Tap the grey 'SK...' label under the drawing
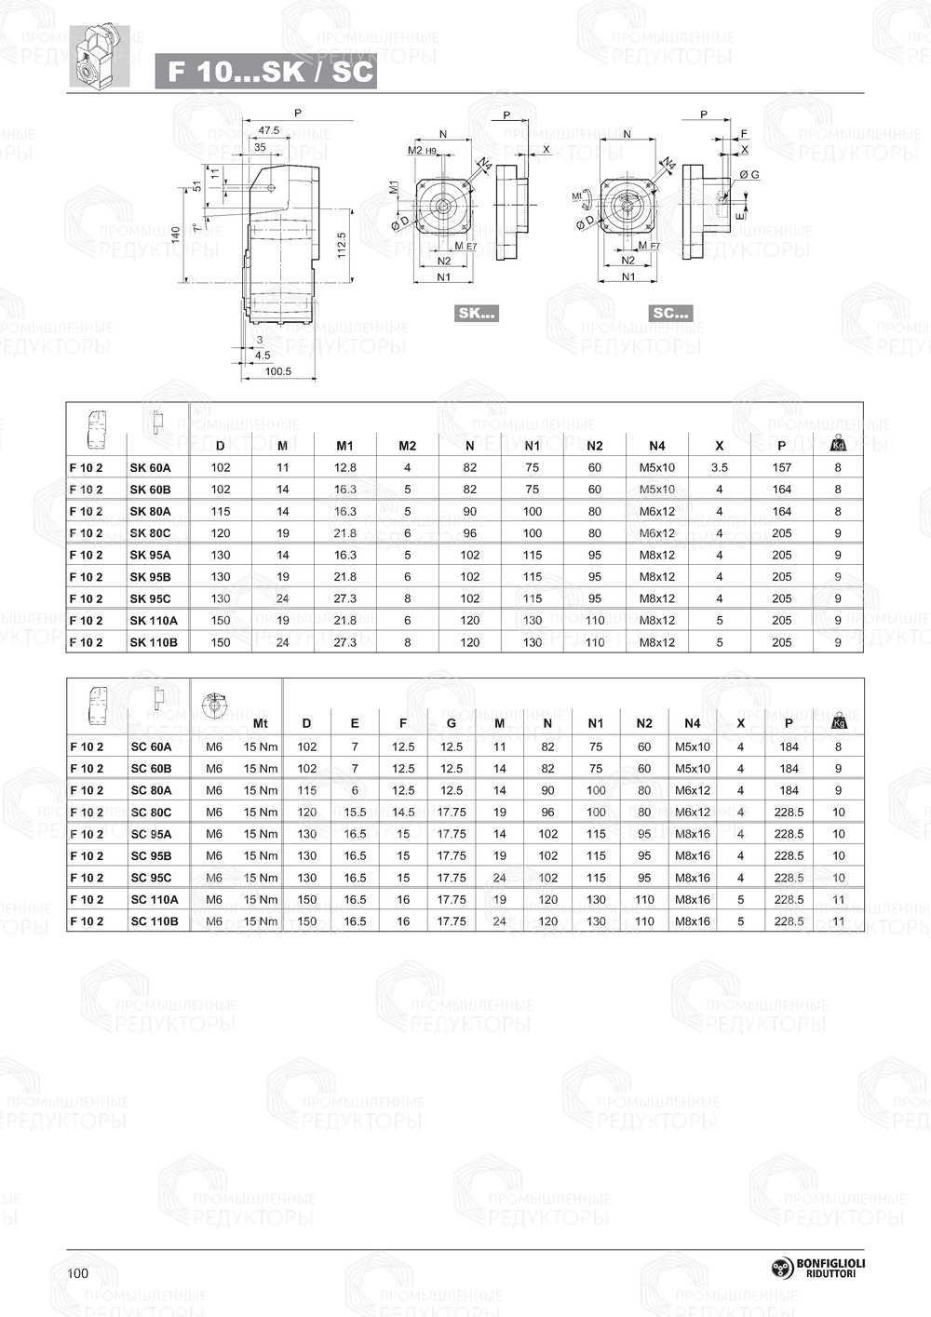tap(476, 313)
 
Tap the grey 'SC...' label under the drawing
tap(670, 313)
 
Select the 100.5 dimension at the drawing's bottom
tap(277, 371)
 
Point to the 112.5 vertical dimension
tap(342, 245)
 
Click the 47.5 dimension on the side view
tap(268, 130)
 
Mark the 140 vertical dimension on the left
tap(176, 235)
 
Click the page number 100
tap(78, 1273)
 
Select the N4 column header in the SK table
tap(657, 446)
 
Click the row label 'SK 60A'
tap(150, 467)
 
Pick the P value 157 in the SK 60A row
tap(781, 467)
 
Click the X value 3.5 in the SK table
tap(719, 467)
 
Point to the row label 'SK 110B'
tap(153, 642)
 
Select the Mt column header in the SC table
tap(261, 723)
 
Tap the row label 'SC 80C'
tap(151, 813)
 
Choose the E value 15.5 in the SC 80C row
tap(355, 813)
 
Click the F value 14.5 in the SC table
tap(403, 813)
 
